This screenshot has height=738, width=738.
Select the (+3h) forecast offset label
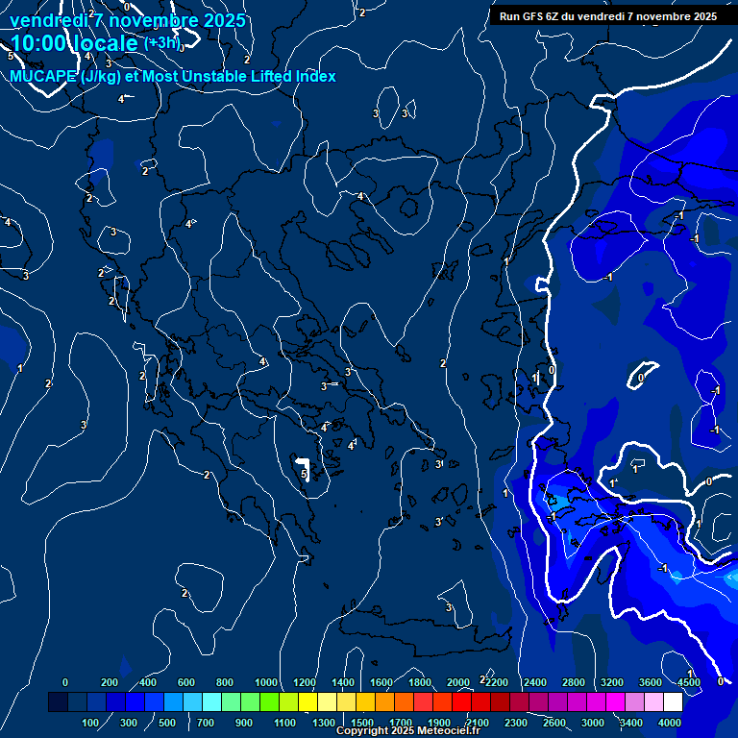tap(162, 43)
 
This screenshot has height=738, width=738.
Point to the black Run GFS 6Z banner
tap(607, 15)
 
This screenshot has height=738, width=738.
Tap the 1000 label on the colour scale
tap(265, 682)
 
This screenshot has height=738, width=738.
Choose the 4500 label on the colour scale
tap(687, 682)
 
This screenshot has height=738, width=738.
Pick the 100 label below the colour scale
tap(90, 723)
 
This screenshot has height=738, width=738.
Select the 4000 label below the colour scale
tap(671, 723)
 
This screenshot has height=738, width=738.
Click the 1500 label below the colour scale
tap(362, 723)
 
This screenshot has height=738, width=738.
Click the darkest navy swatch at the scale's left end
tap(58, 702)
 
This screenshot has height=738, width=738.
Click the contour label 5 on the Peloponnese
tap(304, 474)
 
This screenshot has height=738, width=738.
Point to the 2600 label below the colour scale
tap(554, 723)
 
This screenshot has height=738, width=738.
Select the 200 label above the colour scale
tap(110, 682)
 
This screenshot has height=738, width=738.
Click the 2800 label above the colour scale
tap(574, 682)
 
